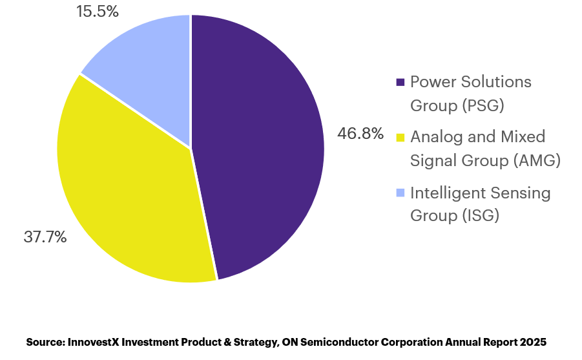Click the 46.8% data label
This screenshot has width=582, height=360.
(x=360, y=133)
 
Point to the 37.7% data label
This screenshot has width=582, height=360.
(x=45, y=237)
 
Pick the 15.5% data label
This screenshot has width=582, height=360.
(x=98, y=11)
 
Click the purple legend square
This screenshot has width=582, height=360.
(x=400, y=82)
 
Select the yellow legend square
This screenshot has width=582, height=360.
(x=400, y=138)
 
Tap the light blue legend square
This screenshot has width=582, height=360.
(x=400, y=193)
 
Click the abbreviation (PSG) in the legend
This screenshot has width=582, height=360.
(x=483, y=105)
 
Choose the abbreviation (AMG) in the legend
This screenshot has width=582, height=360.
(x=537, y=160)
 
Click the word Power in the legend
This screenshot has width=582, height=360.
(x=433, y=81)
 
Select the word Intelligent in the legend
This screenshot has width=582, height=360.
(x=448, y=193)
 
